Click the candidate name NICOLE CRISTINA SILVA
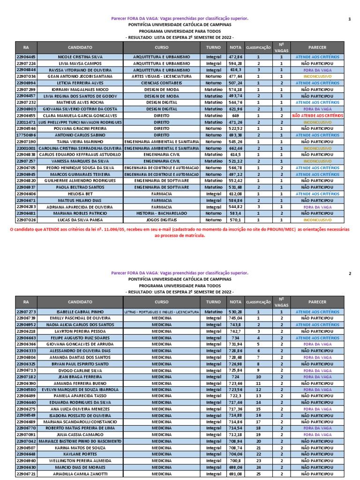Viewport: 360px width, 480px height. (x=80, y=57)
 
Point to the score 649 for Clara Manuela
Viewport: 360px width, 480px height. (x=235, y=115)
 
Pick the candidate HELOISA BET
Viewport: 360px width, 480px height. (x=80, y=194)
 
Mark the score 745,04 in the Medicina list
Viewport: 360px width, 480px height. (x=235, y=318)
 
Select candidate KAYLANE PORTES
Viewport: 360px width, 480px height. (x=80, y=454)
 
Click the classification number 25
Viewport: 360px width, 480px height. (x=258, y=474)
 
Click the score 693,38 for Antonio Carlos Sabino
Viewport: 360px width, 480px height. (x=235, y=135)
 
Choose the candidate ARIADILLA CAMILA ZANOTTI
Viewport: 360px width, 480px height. (x=80, y=474)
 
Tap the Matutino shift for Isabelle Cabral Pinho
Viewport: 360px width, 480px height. (x=214, y=311)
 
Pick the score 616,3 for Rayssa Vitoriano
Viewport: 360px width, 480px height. (x=235, y=69)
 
